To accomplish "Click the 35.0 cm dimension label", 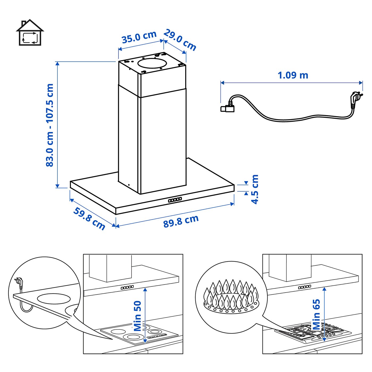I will (x=139, y=37).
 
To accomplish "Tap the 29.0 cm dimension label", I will (x=180, y=40).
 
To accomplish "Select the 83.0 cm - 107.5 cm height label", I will (x=50, y=125).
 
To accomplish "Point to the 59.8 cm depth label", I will (x=89, y=218).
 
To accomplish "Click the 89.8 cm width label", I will (x=181, y=221).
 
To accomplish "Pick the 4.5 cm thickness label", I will (x=255, y=189).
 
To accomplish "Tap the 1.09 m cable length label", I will (x=293, y=75).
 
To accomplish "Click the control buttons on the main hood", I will (x=175, y=200).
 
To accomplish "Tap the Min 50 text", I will (x=138, y=316).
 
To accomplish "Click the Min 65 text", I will (x=316, y=314).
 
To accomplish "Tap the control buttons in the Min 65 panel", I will (x=305, y=287).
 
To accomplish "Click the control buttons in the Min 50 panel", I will (x=127, y=287).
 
